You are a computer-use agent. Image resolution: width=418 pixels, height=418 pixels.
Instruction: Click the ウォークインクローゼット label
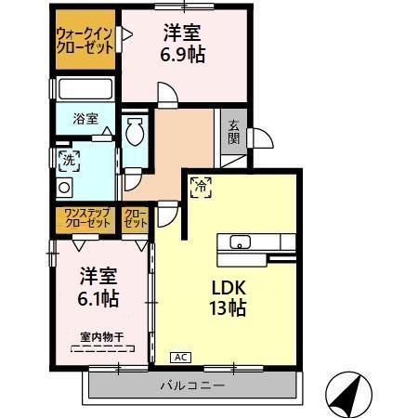pos(85,40)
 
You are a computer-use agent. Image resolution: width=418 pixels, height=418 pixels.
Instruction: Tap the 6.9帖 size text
pos(184,54)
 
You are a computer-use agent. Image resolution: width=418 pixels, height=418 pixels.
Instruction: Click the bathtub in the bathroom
pos(84,90)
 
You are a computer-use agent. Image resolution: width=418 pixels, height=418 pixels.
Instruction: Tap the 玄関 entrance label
pos(231,136)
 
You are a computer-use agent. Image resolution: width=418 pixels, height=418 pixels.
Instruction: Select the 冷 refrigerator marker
pos(200,187)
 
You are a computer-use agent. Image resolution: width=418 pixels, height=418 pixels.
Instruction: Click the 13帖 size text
pos(226,309)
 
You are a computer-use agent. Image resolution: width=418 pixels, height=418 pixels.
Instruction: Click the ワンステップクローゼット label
pos(85,219)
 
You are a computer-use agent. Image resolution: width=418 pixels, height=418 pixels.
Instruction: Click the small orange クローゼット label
pos(137,219)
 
